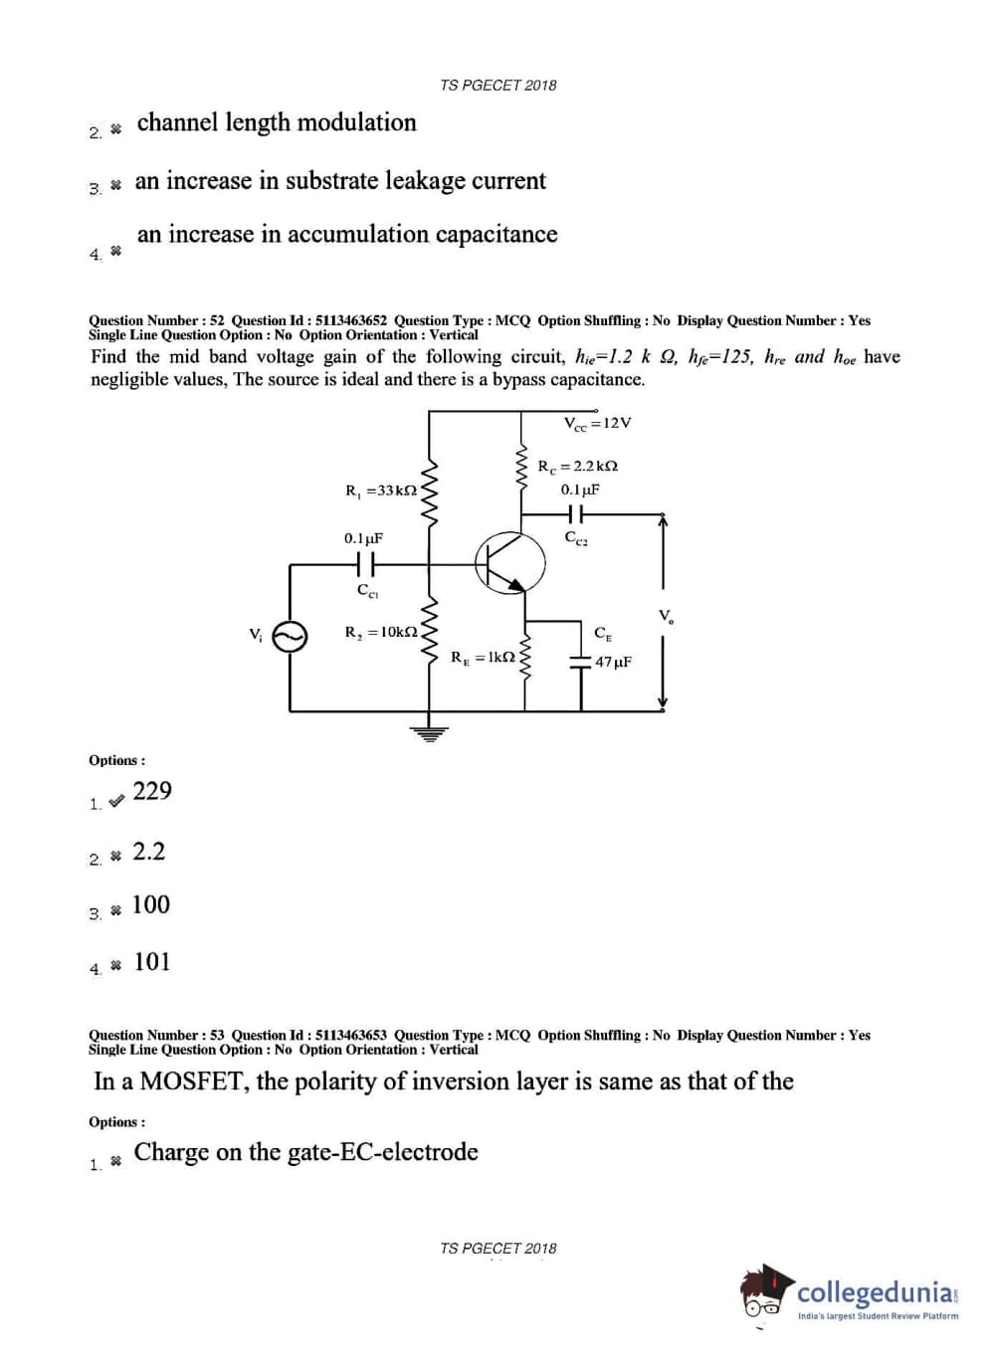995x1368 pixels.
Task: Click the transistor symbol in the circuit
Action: [x=510, y=562]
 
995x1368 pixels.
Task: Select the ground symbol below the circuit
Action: [x=429, y=734]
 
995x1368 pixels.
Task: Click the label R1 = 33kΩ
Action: [x=381, y=490]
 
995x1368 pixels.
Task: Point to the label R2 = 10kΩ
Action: [x=381, y=632]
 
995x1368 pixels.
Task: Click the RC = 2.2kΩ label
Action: [x=577, y=466]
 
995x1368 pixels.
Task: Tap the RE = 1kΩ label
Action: [x=483, y=658]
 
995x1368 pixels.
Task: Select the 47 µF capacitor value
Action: [x=613, y=662]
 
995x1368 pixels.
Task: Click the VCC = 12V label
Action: [x=597, y=423]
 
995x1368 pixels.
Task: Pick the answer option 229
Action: [x=152, y=791]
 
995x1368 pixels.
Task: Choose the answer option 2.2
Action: [x=149, y=852]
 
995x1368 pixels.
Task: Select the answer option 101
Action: [x=152, y=962]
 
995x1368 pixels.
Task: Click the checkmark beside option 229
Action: [x=116, y=801]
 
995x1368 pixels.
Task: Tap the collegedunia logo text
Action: [x=876, y=1292]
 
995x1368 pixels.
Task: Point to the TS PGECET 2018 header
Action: [x=497, y=86]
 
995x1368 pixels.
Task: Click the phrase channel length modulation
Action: [x=277, y=122]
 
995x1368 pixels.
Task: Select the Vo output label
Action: [x=666, y=616]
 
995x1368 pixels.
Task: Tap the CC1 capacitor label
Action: [x=367, y=591]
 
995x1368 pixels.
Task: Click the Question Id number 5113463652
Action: [x=351, y=320]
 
